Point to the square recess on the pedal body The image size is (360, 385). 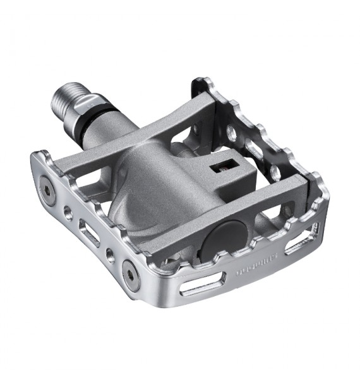click(222, 168)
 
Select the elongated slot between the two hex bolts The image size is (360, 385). click(88, 231)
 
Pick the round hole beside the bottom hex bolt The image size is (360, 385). click(111, 255)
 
